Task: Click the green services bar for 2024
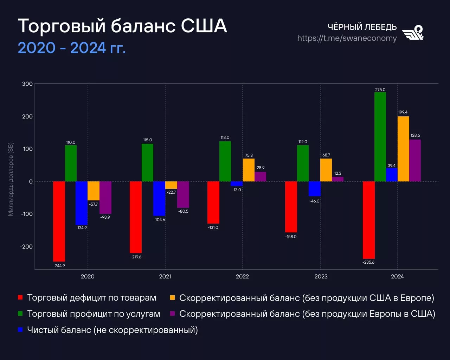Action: [380, 137]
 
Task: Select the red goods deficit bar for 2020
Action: [59, 221]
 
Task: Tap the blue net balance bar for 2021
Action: [159, 199]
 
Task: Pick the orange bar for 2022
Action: [249, 170]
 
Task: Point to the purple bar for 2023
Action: [337, 179]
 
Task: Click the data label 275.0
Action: [380, 90]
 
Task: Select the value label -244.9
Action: [59, 266]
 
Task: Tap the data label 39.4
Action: [392, 166]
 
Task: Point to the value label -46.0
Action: [314, 201]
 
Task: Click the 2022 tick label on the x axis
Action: [242, 276]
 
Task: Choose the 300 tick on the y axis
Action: [27, 84]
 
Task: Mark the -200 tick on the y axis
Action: [26, 246]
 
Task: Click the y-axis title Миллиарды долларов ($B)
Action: [11, 179]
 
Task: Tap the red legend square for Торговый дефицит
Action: [20, 298]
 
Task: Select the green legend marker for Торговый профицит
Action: [20, 314]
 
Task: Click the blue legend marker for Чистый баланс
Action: [20, 330]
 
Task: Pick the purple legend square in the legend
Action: [172, 314]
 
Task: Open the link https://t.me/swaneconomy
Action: [347, 38]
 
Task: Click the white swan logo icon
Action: [413, 33]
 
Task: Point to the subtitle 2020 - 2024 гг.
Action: [72, 48]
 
